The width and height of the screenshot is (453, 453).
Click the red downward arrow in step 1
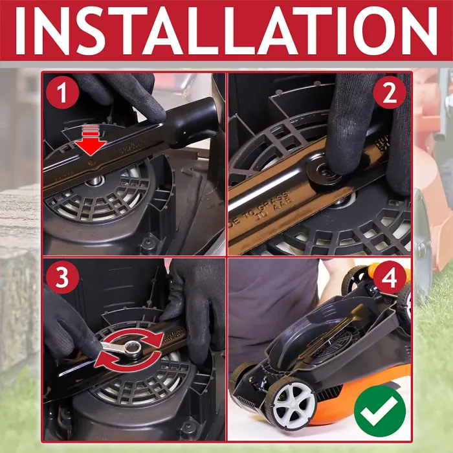tap(92, 139)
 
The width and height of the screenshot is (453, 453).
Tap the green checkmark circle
tap(380, 410)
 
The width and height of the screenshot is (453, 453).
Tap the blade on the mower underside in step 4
tap(337, 330)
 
